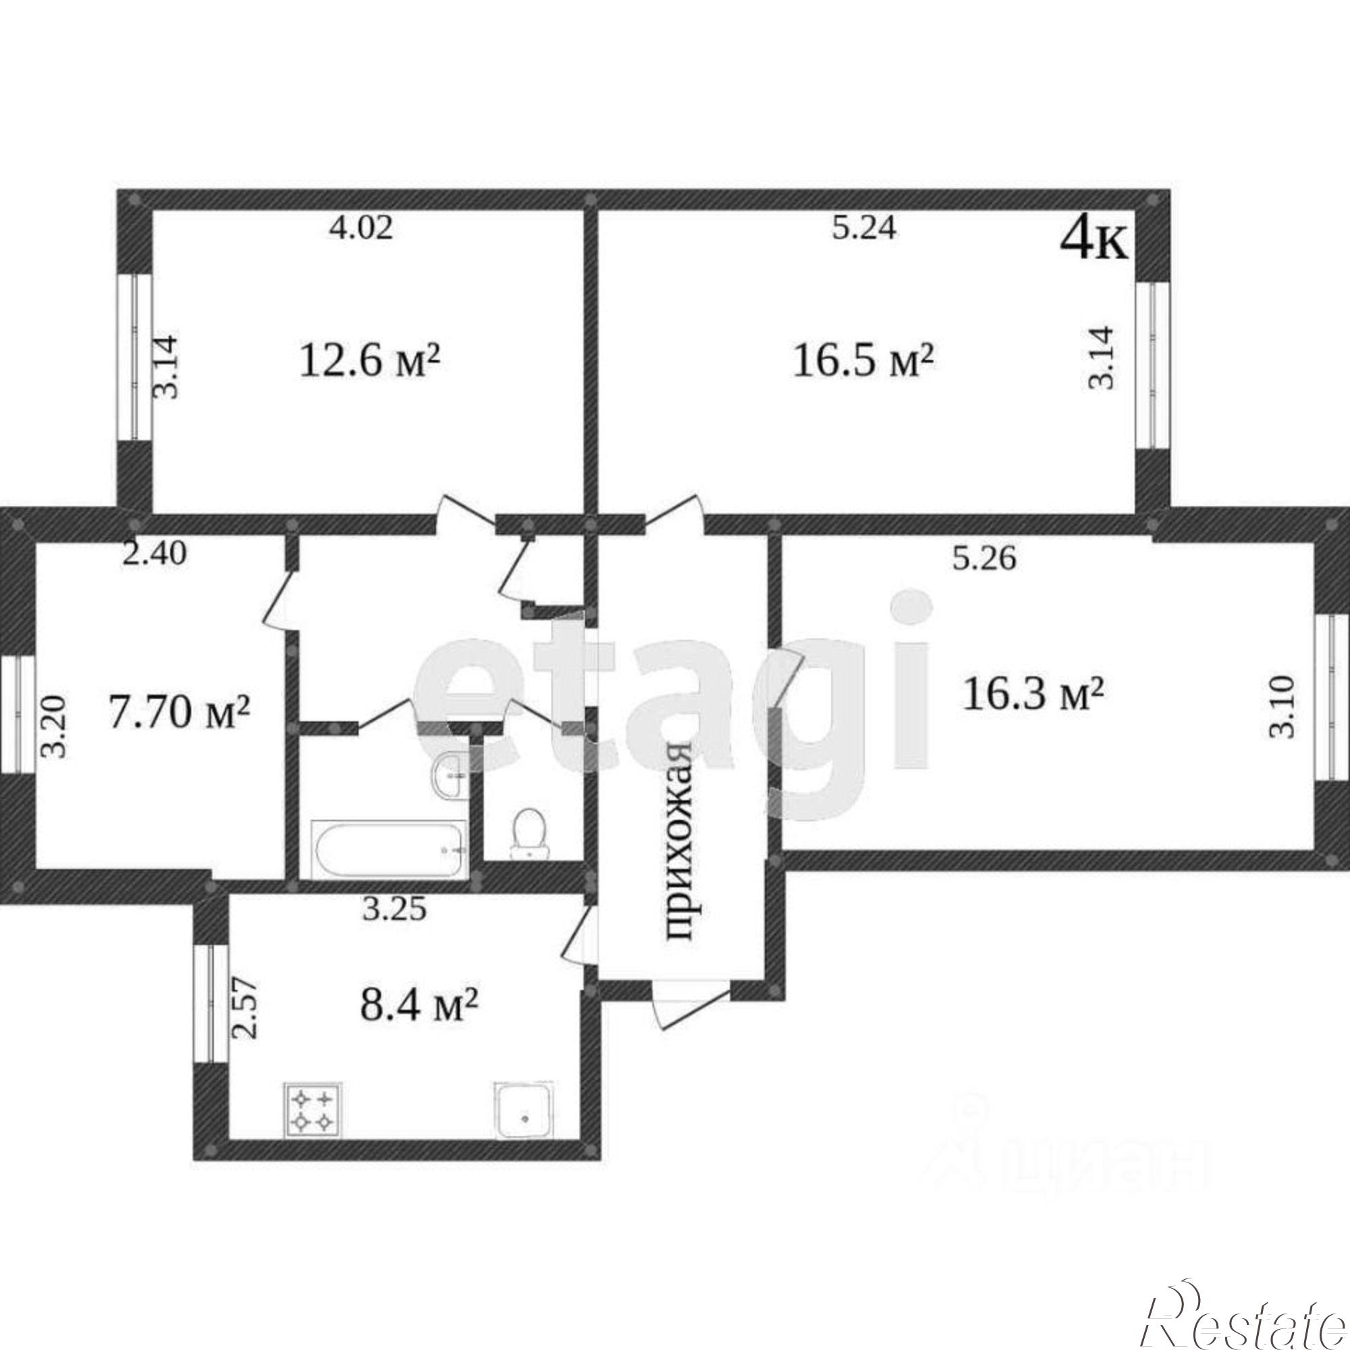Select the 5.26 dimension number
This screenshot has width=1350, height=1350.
point(986,558)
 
